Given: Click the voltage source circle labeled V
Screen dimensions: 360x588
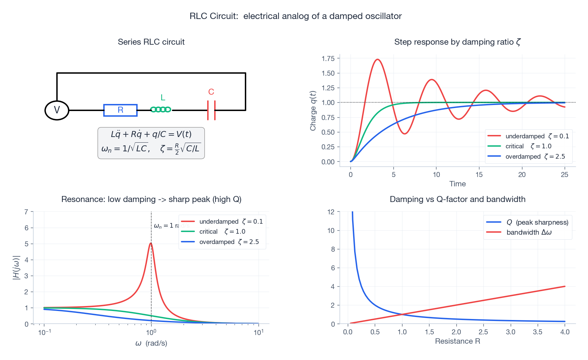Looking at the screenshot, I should [x=57, y=110].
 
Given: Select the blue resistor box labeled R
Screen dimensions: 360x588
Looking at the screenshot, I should [x=120, y=110].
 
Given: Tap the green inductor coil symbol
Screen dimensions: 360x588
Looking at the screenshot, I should [x=161, y=109].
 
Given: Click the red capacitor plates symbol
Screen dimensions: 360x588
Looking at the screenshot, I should [x=211, y=110].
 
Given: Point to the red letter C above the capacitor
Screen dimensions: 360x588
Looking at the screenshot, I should [x=211, y=92].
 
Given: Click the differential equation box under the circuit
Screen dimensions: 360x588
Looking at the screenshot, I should [x=151, y=143].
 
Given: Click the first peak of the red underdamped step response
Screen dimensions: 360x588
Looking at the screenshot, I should [x=377, y=60].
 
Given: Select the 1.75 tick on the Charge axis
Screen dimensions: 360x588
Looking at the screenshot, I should [x=328, y=59].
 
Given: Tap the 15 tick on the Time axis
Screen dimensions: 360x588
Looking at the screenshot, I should [x=479, y=175].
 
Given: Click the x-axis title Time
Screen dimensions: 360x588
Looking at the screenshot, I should [x=457, y=184].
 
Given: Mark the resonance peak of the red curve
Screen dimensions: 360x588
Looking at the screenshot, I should [x=151, y=243].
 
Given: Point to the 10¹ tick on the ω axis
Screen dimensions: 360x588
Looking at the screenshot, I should [x=258, y=332].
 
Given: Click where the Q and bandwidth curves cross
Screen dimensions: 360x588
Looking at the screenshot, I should [x=402, y=314].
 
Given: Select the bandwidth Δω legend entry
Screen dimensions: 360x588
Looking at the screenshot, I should [x=529, y=232].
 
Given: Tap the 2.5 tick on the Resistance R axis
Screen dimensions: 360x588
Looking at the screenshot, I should [x=483, y=332].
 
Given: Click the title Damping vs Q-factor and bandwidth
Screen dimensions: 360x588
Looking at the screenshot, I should [x=457, y=199].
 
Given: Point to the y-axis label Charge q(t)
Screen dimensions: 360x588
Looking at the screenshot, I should [x=313, y=111].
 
